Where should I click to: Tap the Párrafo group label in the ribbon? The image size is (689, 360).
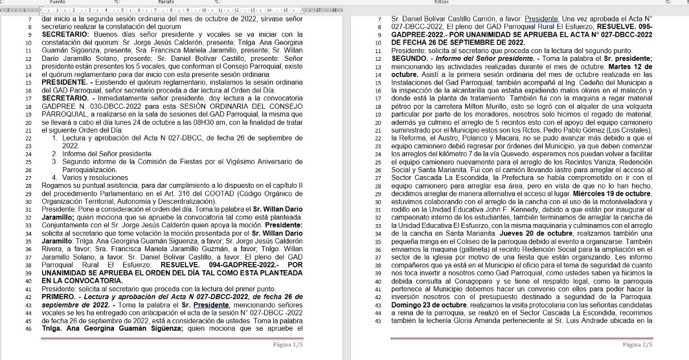click(166, 3)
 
